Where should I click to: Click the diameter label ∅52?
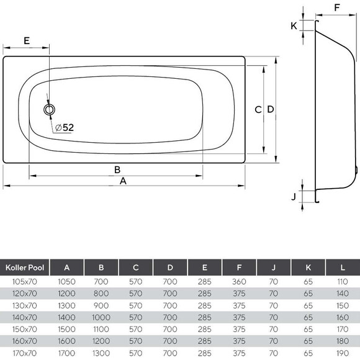[64, 127]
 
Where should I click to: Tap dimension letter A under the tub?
[123, 181]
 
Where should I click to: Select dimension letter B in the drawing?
[116, 169]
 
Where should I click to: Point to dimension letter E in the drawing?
[26, 40]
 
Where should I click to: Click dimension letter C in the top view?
[258, 109]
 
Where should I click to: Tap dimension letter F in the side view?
[337, 7]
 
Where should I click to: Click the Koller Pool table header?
[24, 267]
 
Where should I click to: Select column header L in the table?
[343, 267]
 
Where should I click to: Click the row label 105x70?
[24, 281]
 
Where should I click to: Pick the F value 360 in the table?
[239, 281]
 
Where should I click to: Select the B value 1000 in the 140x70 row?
[101, 317]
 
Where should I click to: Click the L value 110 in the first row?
[343, 281]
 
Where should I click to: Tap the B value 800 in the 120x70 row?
[101, 293]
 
